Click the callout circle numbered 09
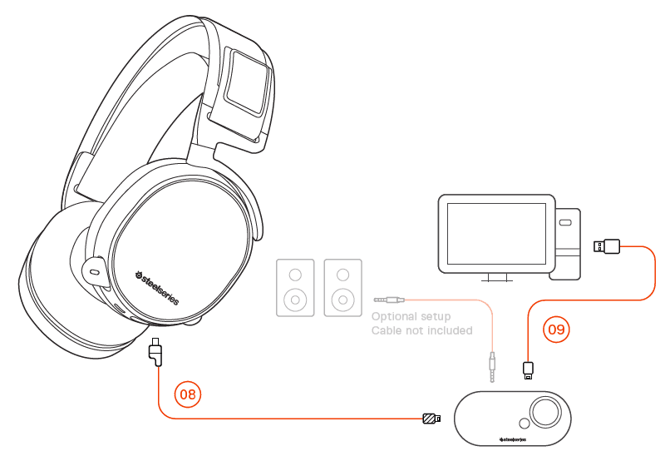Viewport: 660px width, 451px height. tap(556, 330)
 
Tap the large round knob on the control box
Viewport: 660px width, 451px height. tap(548, 412)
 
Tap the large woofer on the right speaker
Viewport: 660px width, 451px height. tap(342, 297)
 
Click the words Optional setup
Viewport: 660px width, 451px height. tap(411, 316)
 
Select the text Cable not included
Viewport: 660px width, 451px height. tap(421, 330)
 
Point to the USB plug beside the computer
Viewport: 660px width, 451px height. tap(606, 245)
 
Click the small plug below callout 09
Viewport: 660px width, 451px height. tap(528, 369)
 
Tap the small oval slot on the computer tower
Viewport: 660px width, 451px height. tap(565, 223)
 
